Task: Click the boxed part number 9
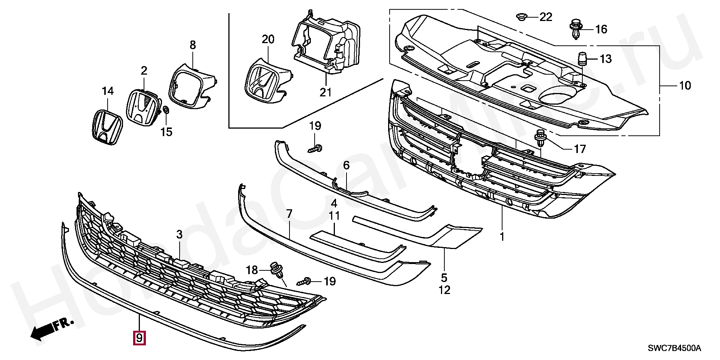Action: point(139,338)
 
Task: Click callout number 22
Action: point(546,17)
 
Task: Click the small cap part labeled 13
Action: point(582,58)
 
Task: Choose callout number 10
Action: point(685,85)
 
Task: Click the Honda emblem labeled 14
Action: point(107,127)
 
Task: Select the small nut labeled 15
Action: point(166,111)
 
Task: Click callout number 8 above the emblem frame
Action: point(192,45)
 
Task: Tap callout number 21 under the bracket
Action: point(325,92)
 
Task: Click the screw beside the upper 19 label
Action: point(316,149)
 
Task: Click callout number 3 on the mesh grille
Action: point(180,234)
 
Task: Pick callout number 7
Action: point(289,214)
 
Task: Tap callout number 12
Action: point(444,290)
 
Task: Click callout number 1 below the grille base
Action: point(502,237)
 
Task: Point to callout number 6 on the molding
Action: point(346,165)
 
